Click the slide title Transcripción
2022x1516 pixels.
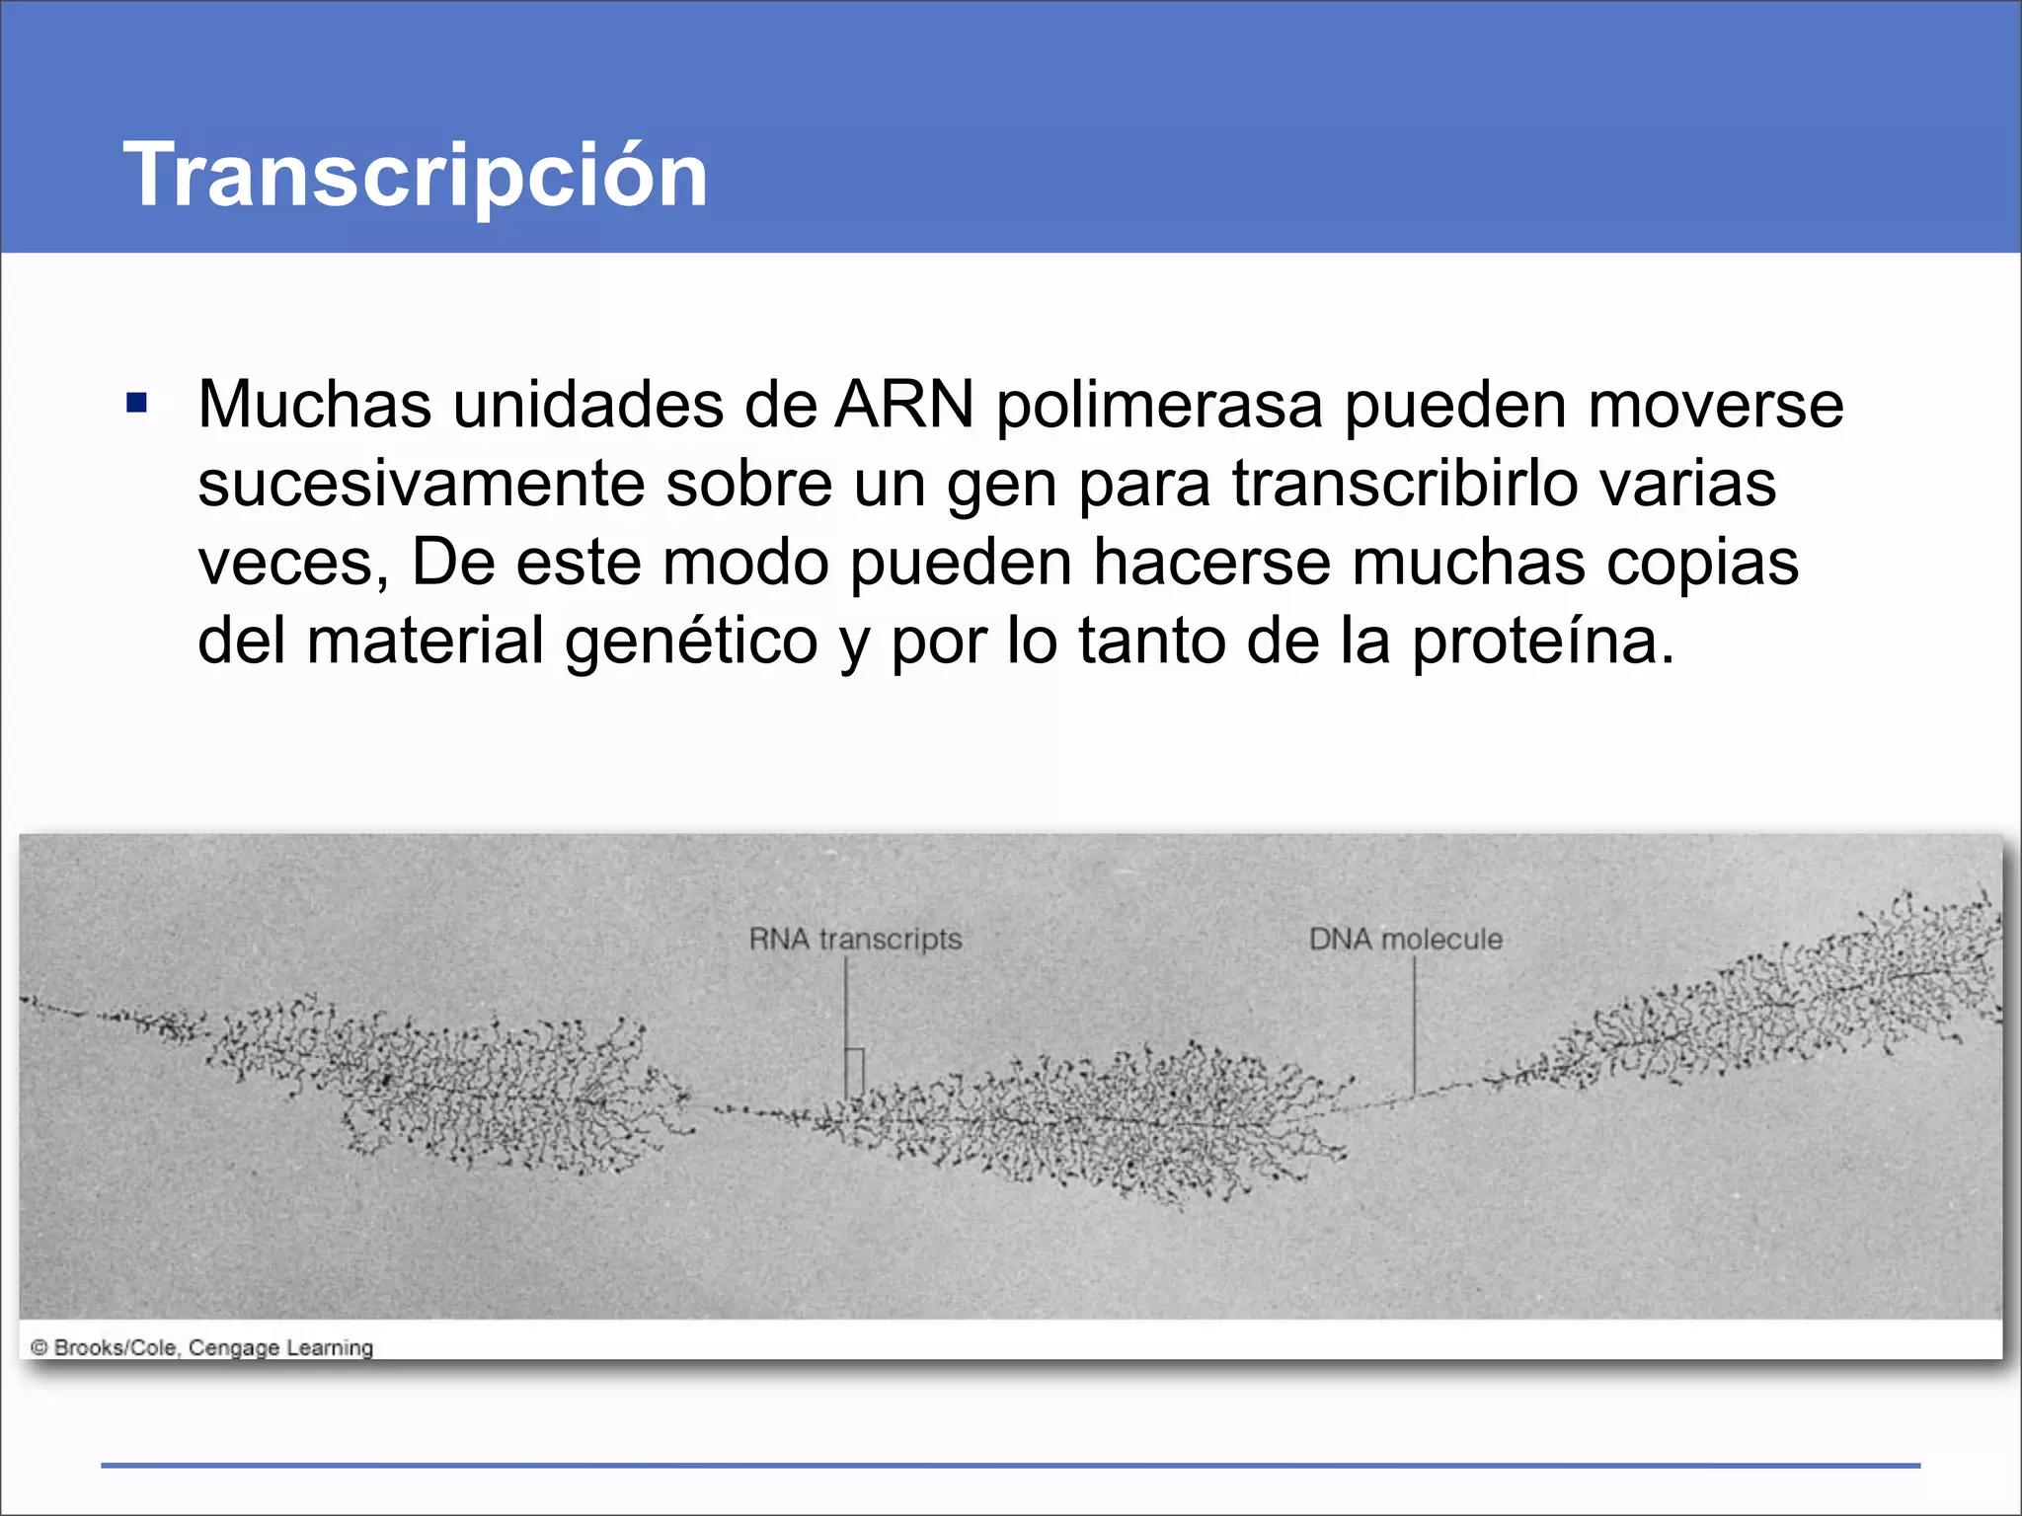(415, 175)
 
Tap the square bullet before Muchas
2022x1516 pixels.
(137, 403)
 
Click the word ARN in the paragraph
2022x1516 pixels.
(904, 405)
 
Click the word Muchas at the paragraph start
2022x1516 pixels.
(315, 405)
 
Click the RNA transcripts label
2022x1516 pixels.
(855, 939)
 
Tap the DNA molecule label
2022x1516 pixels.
(1405, 939)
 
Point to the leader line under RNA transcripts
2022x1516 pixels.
(845, 1017)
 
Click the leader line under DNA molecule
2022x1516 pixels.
(1414, 1026)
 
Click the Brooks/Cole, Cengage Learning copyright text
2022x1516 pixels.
(202, 1347)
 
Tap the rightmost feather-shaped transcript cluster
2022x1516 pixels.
(1777, 1007)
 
